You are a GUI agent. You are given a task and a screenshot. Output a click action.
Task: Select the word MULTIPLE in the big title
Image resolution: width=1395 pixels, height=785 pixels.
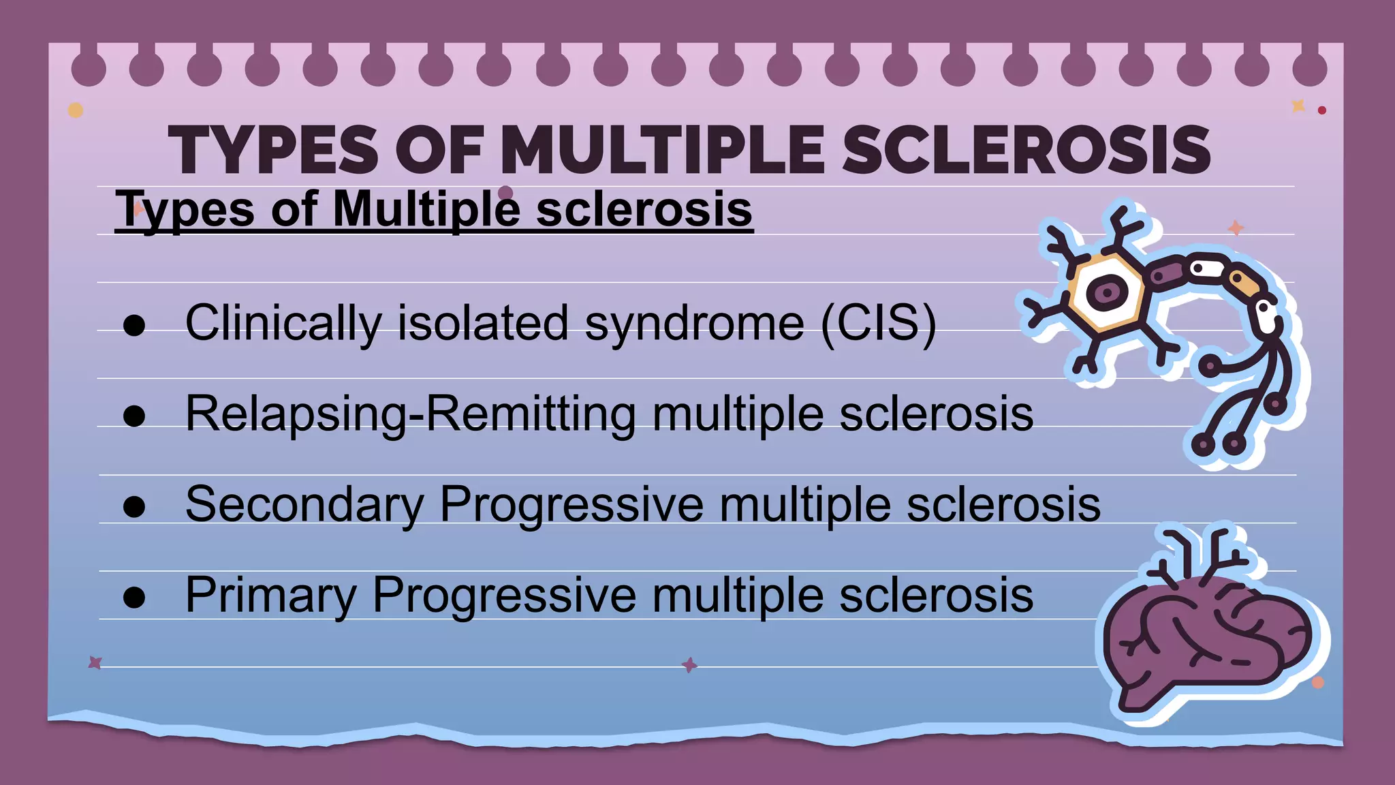(662, 151)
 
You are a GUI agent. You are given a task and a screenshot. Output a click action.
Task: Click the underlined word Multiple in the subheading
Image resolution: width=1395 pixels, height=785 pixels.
(426, 209)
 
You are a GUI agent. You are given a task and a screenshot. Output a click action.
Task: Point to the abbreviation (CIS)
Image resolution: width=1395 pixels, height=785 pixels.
(879, 322)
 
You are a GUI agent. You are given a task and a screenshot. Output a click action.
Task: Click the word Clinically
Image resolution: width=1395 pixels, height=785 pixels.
(283, 322)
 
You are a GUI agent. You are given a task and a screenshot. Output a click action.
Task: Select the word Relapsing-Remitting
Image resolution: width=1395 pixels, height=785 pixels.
(410, 414)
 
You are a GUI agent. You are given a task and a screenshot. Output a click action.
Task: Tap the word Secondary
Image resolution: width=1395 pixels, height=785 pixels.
(304, 504)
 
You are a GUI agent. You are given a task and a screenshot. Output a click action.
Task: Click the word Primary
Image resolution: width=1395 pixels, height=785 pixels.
(270, 596)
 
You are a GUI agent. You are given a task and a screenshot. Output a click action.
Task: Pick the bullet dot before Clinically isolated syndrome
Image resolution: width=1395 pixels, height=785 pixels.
(134, 326)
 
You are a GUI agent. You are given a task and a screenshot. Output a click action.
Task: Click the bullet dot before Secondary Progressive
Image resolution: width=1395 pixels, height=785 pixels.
(134, 507)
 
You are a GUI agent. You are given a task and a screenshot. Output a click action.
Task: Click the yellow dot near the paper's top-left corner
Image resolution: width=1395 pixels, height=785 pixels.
(76, 110)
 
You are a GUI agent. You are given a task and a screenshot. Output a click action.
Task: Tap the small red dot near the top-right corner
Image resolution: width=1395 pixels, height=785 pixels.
(1321, 110)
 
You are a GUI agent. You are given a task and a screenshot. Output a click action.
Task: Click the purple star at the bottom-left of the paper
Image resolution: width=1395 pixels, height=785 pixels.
(95, 662)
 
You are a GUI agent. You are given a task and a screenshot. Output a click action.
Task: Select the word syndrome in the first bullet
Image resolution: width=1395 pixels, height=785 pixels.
(694, 322)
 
